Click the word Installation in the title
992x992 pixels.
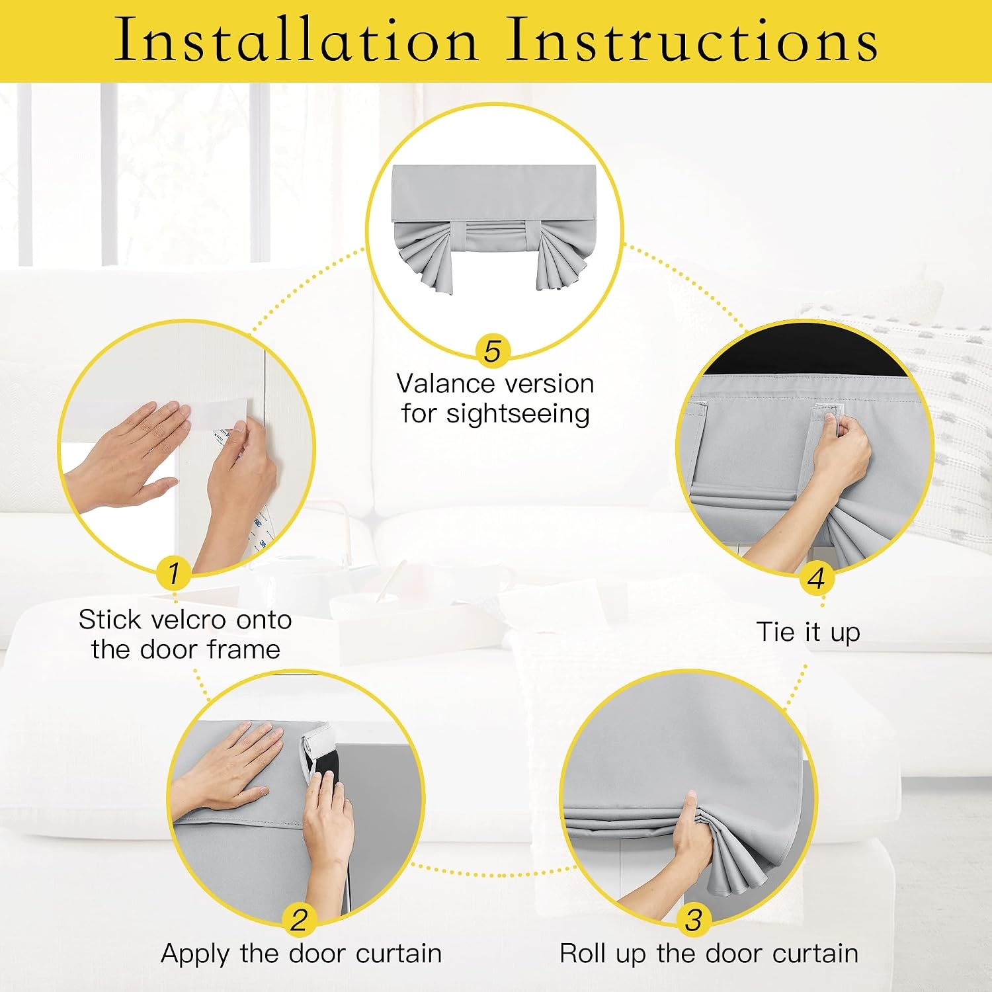[x=296, y=40]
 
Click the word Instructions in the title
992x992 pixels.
[x=692, y=40]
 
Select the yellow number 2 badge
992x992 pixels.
[x=299, y=919]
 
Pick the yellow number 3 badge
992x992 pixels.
[x=693, y=919]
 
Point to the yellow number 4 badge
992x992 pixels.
[x=816, y=578]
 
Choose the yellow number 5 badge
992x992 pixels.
[x=493, y=351]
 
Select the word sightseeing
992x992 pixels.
[x=517, y=414]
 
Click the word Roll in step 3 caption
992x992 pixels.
[x=585, y=954]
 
